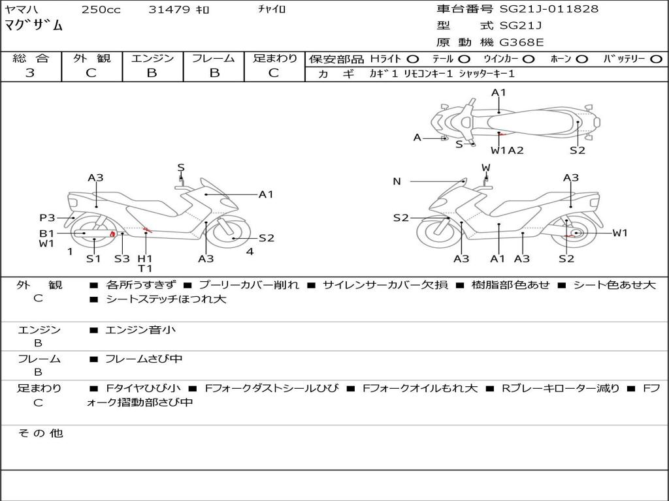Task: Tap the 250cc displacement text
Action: point(101,10)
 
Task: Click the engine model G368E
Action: point(522,42)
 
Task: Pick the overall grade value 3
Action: point(30,73)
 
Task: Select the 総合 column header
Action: point(30,59)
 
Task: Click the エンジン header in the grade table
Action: point(152,59)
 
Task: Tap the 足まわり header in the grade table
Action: point(275,59)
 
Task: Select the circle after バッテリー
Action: point(656,59)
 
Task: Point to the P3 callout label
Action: point(46,218)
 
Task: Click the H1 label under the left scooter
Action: point(144,258)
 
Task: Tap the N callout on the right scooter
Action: point(397,181)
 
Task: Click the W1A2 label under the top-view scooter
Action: point(507,151)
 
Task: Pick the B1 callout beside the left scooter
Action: point(46,233)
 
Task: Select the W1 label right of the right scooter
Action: point(619,233)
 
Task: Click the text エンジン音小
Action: point(140,330)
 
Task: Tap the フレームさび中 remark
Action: point(144,359)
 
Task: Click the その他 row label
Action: point(40,433)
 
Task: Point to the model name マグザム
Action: point(34,26)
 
